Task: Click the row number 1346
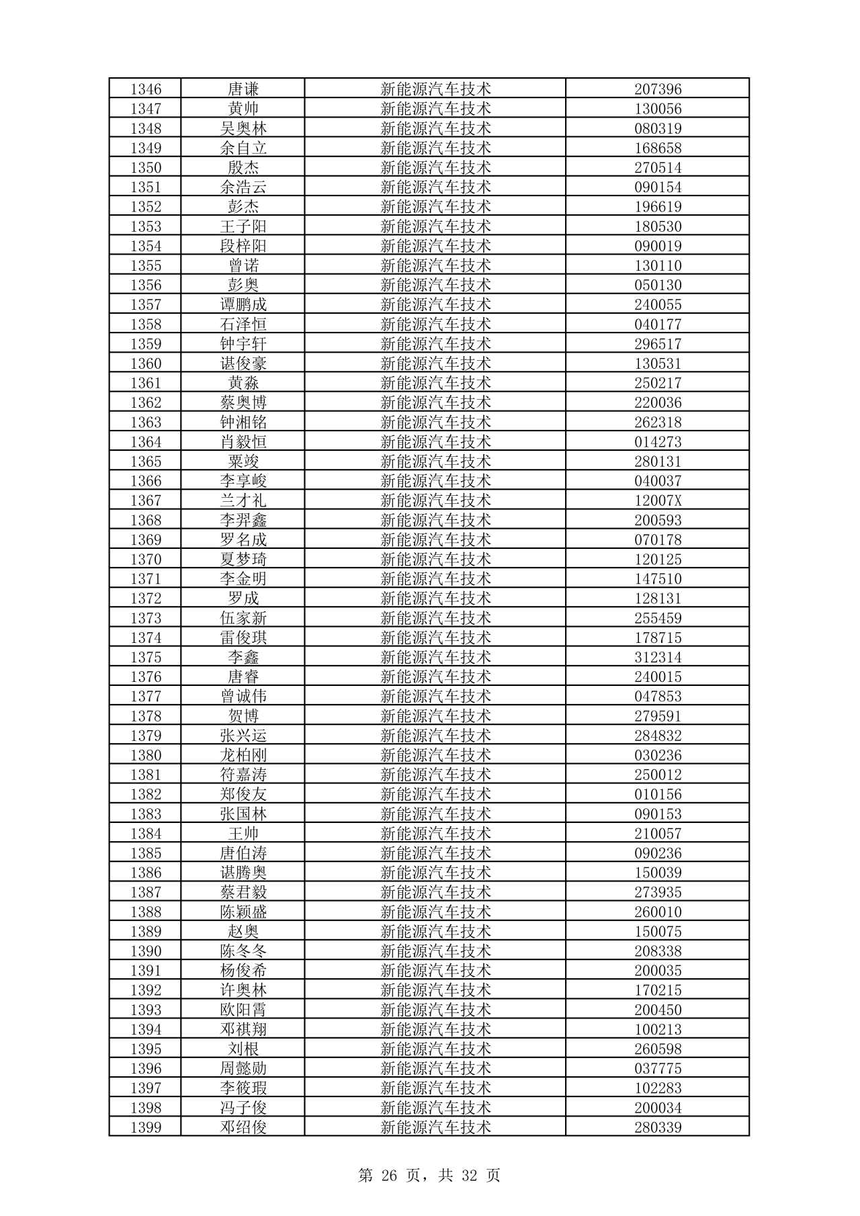point(146,89)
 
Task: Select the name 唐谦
point(243,89)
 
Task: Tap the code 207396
point(658,89)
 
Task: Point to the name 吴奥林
point(243,128)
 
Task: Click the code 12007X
point(658,501)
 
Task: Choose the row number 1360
point(146,363)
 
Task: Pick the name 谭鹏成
point(243,305)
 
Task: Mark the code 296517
point(658,344)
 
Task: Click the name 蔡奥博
point(243,402)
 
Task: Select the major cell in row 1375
point(435,657)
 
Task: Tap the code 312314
point(658,657)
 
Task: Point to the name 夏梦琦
point(243,559)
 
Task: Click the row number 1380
point(146,755)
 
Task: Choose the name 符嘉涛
point(243,775)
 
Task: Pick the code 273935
point(658,892)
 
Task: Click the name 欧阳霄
point(243,1010)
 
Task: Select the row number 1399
point(146,1127)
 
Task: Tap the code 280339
point(658,1127)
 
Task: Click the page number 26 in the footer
point(390,1175)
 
